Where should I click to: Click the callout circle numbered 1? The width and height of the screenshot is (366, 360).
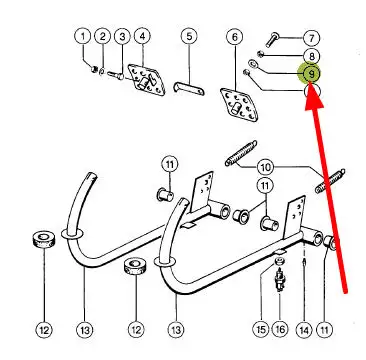coord(83,36)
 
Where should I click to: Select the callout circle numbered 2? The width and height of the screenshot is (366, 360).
coord(103,36)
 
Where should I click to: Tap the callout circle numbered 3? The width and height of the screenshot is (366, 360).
coord(122,36)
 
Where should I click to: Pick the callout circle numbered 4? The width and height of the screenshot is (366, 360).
coord(142,36)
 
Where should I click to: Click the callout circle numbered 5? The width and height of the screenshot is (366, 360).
coord(189,36)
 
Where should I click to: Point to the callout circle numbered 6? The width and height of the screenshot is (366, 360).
coord(235,37)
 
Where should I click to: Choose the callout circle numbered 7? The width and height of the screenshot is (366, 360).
coord(311,38)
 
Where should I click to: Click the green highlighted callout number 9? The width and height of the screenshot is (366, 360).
coord(310,73)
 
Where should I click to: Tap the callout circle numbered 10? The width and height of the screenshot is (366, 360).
coord(266,167)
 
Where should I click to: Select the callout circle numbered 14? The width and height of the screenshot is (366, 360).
coord(304,330)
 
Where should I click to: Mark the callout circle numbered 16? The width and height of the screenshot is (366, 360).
coord(279,330)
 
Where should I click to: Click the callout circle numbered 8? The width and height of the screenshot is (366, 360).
coord(311,56)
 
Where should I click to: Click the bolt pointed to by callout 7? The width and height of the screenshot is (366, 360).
coord(272,39)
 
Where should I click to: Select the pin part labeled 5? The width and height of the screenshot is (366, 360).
coord(189,88)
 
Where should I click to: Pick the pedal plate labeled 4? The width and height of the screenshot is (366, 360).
coord(147,80)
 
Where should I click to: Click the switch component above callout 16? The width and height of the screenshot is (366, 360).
coord(279,281)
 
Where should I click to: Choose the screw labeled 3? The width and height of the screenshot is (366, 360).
coord(116,76)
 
